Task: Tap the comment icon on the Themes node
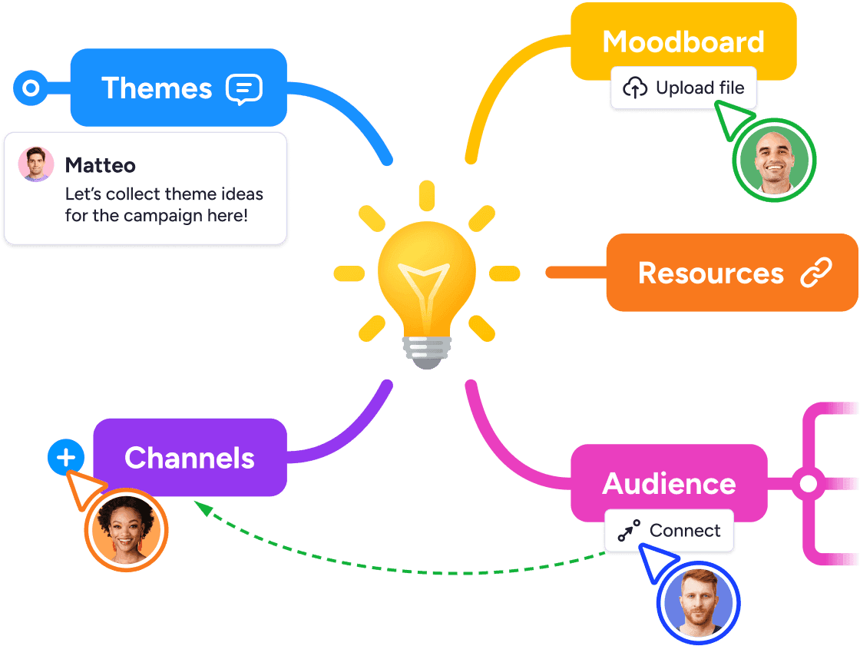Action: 243,89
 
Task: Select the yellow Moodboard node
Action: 683,41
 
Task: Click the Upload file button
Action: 683,88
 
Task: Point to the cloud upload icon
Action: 635,88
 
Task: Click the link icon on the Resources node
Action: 815,273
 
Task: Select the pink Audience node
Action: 668,483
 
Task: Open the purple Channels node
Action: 190,458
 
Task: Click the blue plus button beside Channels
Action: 67,459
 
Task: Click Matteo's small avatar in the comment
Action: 36,164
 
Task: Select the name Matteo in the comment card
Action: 100,165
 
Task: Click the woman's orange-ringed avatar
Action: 126,530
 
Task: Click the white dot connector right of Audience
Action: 808,484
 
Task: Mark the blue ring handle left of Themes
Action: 31,88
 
